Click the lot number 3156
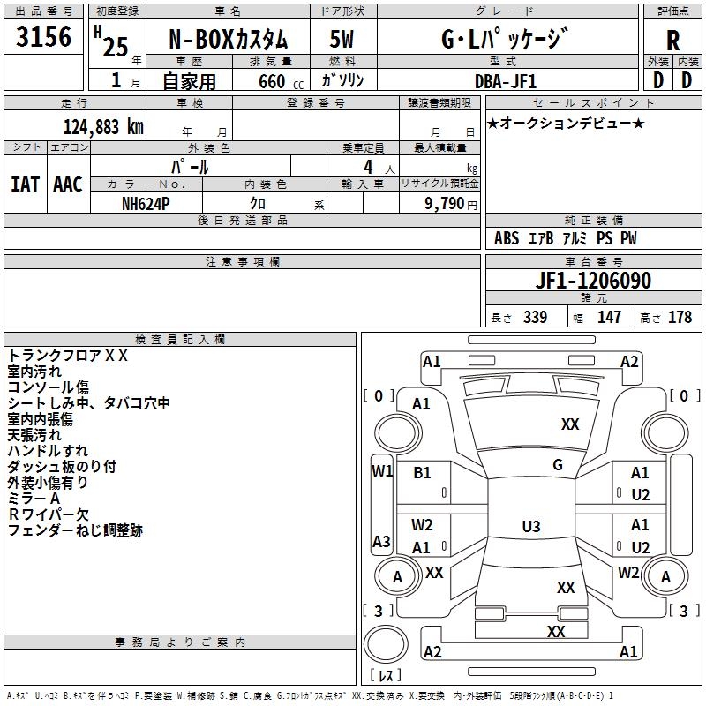(44, 39)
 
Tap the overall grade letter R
(672, 41)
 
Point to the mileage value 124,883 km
(103, 126)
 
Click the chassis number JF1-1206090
(593, 282)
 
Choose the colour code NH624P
(146, 202)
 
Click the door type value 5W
(342, 40)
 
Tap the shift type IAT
(25, 184)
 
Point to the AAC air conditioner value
(67, 184)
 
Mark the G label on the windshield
(558, 464)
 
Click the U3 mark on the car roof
(530, 527)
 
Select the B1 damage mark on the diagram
(423, 473)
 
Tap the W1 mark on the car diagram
(381, 471)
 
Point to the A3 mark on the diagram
(381, 541)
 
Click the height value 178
(680, 317)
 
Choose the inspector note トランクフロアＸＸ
(69, 356)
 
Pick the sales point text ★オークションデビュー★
(566, 123)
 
